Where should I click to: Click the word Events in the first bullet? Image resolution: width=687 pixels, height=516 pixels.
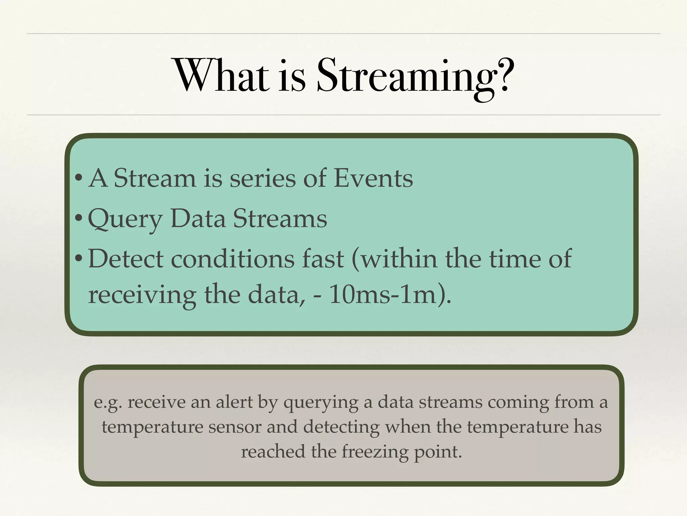pos(373,178)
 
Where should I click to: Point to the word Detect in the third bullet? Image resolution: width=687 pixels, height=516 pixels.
pos(126,259)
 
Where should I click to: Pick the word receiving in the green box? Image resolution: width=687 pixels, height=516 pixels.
pos(142,295)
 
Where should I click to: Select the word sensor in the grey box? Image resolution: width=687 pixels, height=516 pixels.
pos(234,427)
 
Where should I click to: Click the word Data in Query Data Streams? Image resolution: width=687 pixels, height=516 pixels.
pos(198,219)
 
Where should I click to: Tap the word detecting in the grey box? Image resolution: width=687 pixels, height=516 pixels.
pos(341,427)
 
